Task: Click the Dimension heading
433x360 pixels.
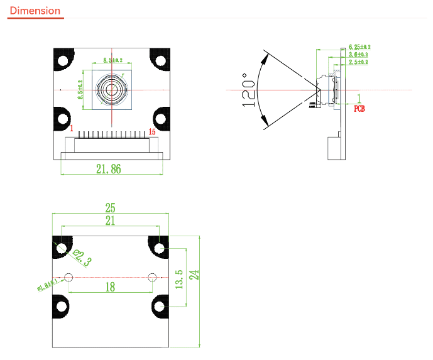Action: coord(35,11)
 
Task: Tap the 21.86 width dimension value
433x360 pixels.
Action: coord(108,168)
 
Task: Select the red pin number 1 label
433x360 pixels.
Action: coord(72,130)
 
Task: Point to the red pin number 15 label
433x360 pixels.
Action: coord(151,131)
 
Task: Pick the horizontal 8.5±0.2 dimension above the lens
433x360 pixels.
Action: coord(112,61)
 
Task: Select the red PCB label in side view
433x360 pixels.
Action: coord(359,108)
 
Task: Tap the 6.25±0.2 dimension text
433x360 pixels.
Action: coord(359,47)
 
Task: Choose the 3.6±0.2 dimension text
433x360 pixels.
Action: coord(358,55)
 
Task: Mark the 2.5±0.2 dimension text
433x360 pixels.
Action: coord(358,62)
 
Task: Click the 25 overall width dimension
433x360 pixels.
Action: coord(110,207)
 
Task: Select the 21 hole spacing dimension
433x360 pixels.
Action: coord(110,221)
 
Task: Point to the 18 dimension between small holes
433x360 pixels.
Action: coord(110,286)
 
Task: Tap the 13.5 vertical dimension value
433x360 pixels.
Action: coord(179,280)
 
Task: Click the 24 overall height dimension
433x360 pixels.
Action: coord(195,275)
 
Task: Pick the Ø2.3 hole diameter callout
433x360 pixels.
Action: coord(82,258)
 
